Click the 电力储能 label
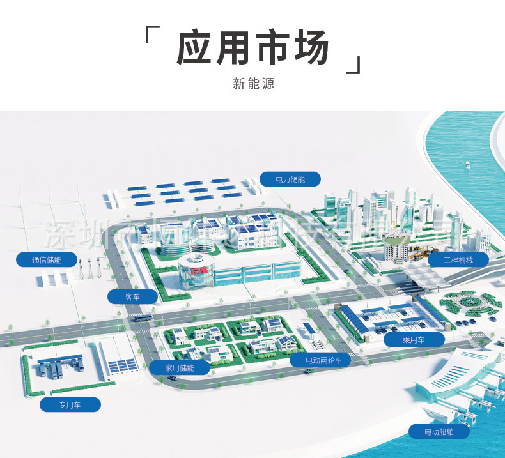click(x=290, y=179)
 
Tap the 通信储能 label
click(x=46, y=259)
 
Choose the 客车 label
click(x=132, y=296)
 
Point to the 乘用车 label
click(x=414, y=340)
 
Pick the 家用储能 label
click(x=179, y=367)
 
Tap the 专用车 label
click(x=70, y=404)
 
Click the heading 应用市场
click(x=252, y=49)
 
